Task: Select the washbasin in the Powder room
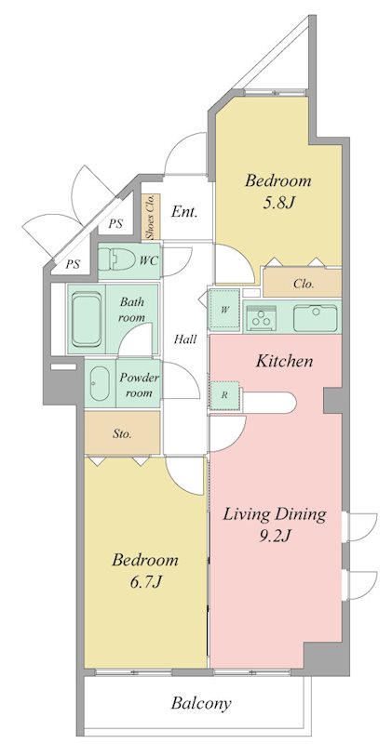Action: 100,383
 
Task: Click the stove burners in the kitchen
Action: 261,316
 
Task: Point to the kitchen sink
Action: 315,317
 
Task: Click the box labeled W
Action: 224,310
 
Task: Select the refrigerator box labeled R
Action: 224,394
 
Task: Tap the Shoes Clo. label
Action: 150,216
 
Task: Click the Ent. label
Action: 183,211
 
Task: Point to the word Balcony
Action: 201,703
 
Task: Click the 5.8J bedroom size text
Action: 277,204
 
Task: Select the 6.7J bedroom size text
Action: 145,582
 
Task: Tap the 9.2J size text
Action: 274,536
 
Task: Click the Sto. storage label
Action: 122,433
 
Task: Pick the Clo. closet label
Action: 304,285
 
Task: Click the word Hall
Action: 185,339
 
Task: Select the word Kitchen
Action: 285,362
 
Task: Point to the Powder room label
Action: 139,385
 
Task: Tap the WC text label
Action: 148,260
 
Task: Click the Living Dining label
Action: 274,514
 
